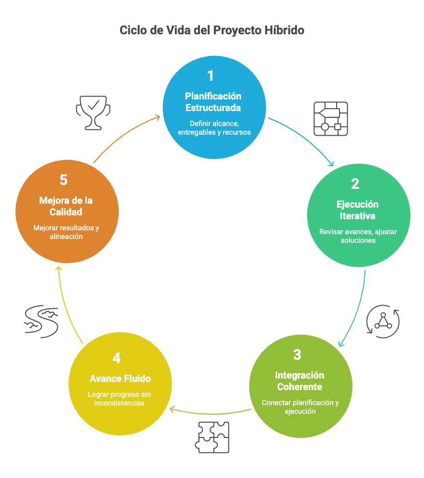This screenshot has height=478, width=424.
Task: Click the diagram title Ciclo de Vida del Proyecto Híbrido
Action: (x=212, y=30)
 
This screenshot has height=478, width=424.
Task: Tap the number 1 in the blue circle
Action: (x=210, y=76)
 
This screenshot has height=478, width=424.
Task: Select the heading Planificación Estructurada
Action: (x=213, y=101)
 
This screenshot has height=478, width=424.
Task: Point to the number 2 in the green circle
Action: (x=355, y=184)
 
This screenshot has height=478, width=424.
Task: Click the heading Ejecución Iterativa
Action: (x=357, y=210)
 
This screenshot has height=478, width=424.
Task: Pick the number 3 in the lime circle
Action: (x=297, y=355)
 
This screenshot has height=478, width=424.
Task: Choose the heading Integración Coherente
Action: (x=299, y=381)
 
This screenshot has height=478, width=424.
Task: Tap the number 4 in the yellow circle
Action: (x=116, y=358)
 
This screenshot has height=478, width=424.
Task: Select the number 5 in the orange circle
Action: (x=64, y=180)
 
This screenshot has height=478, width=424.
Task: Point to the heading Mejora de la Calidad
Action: (x=66, y=206)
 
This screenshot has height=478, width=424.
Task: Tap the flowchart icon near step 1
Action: (x=331, y=118)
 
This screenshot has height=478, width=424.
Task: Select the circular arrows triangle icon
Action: (x=383, y=321)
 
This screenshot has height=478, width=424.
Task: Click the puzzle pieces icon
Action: (x=213, y=437)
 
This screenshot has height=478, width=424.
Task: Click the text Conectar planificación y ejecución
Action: (x=300, y=407)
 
